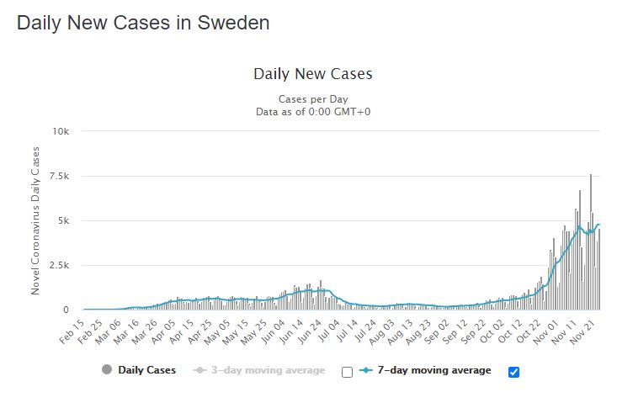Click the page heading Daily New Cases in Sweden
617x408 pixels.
coord(143,24)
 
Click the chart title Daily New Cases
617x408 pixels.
coord(312,74)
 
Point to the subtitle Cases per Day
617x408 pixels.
coord(312,98)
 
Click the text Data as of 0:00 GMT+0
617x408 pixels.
coord(312,110)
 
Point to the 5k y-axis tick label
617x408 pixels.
coord(70,220)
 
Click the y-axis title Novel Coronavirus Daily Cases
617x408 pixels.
coord(36,220)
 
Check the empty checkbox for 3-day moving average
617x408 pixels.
coord(347,371)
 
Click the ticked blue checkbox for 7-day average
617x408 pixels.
coord(514,371)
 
